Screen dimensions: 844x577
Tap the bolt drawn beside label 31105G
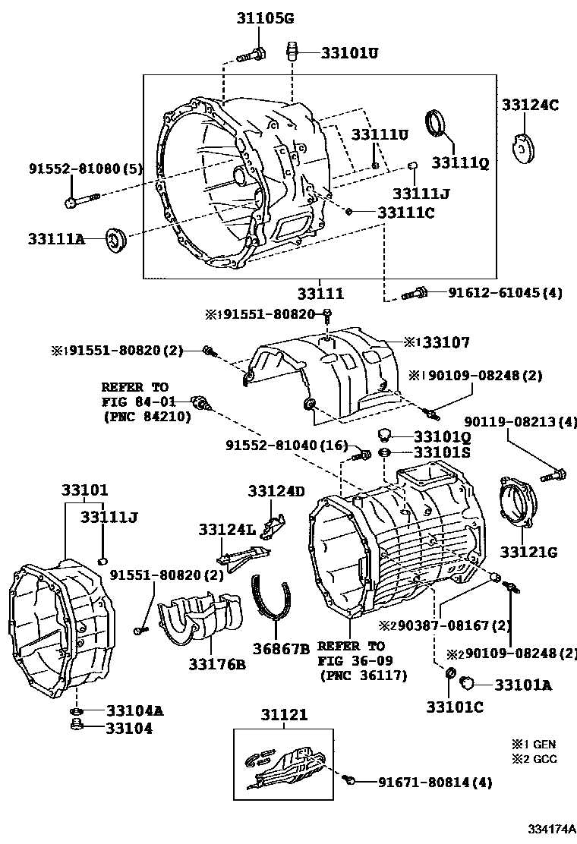click(x=253, y=54)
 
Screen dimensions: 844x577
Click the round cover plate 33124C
click(x=522, y=149)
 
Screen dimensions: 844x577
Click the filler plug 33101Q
click(x=385, y=435)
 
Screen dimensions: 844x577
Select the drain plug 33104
click(x=77, y=727)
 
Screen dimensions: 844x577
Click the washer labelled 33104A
click(x=77, y=712)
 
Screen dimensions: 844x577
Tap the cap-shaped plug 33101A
click(x=468, y=683)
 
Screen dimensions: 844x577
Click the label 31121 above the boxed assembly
click(x=285, y=715)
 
